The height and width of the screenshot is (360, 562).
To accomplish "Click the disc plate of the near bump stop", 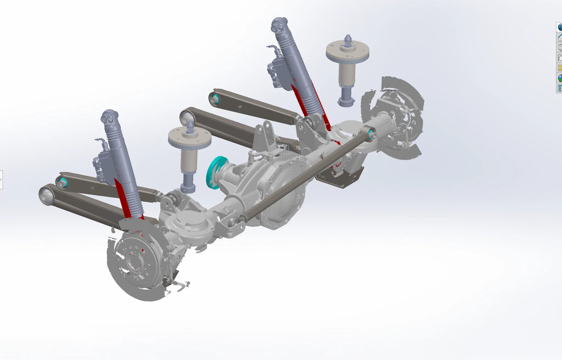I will coord(189,137).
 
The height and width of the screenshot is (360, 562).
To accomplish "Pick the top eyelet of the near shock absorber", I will coord(109,117).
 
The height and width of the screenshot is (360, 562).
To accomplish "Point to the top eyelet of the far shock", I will coord(279,24).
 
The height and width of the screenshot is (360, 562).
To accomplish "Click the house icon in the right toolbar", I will coord(560,37).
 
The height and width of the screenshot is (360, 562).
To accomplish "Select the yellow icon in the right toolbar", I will coord(560,68).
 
